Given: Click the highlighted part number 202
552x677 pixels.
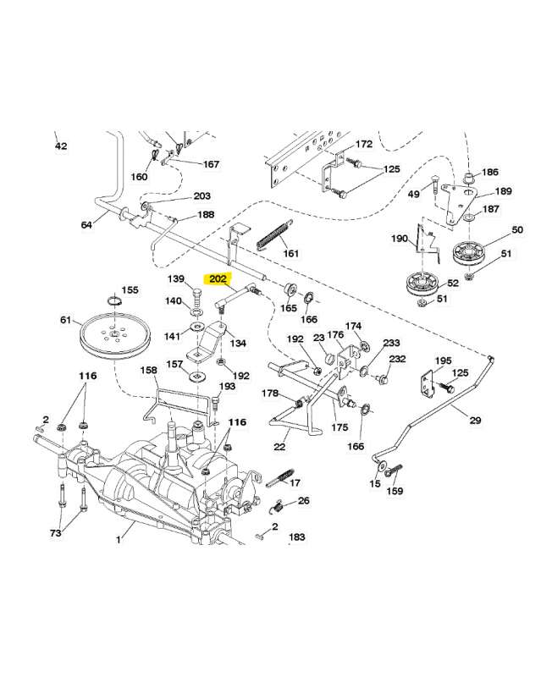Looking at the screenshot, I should coord(218,277).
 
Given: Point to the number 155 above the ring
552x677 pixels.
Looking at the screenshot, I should coord(130,289).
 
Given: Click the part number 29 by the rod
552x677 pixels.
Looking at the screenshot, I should coord(474,421).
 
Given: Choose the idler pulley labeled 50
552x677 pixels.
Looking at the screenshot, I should coord(467,250).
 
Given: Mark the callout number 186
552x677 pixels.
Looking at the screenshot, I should coord(490,173).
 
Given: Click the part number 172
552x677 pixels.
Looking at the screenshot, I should coord(363,145).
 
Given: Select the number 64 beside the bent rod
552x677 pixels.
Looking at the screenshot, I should coord(86,225).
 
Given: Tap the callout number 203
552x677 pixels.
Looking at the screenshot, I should coord(202,196).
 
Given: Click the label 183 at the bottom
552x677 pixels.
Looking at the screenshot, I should coord(297,537).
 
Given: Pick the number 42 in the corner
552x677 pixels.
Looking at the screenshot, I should coord(61,146).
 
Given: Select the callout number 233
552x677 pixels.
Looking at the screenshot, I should coord(391,343).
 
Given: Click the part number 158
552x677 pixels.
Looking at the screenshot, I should coord(148,371).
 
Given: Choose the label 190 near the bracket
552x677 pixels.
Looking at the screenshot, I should coord(399,239).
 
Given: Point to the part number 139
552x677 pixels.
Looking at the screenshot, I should coord(175,279).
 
